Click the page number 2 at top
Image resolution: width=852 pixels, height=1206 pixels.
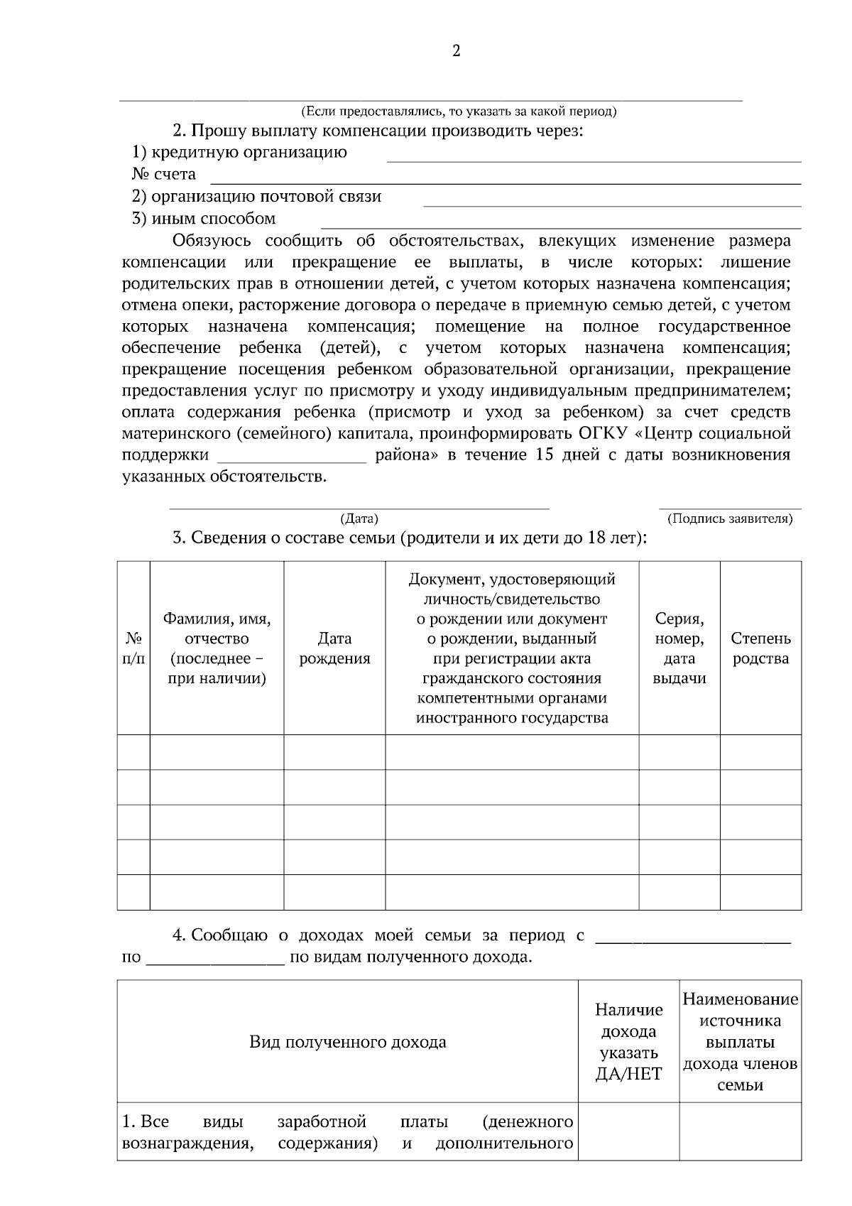click(x=456, y=50)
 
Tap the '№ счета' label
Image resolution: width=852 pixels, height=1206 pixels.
click(x=164, y=175)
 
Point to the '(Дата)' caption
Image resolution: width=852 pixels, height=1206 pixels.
click(x=359, y=519)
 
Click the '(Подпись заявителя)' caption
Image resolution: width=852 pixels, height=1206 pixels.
click(x=730, y=519)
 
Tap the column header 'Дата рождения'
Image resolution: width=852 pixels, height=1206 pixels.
click(x=334, y=648)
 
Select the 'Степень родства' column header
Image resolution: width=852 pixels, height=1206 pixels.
click(x=760, y=648)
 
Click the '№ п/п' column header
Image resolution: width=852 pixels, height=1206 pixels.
click(x=133, y=648)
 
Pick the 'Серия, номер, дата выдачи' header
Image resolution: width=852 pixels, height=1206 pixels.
click(x=679, y=648)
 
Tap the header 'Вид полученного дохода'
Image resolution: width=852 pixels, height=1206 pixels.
click(x=348, y=1042)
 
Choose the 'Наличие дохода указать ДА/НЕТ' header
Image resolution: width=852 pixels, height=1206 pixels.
click(x=628, y=1041)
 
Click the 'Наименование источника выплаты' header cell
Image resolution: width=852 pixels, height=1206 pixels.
click(x=741, y=1041)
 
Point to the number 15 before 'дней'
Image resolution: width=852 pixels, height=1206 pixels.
click(x=544, y=455)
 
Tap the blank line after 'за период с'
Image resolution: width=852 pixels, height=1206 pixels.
click(x=692, y=940)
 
